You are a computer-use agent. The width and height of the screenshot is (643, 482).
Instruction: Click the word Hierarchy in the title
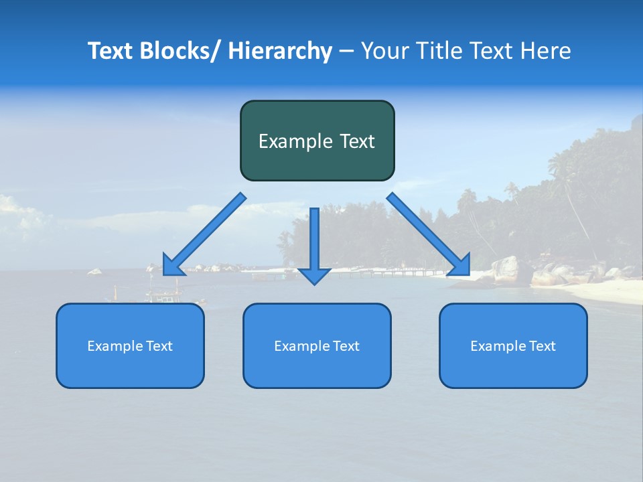click(x=280, y=51)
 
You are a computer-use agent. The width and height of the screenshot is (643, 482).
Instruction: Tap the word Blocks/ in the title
click(x=181, y=51)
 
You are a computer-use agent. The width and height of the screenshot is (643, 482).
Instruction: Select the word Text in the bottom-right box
click(x=541, y=346)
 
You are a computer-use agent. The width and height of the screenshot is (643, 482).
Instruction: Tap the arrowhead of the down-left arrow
click(x=173, y=267)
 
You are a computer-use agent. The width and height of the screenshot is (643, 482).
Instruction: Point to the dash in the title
click(x=346, y=52)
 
